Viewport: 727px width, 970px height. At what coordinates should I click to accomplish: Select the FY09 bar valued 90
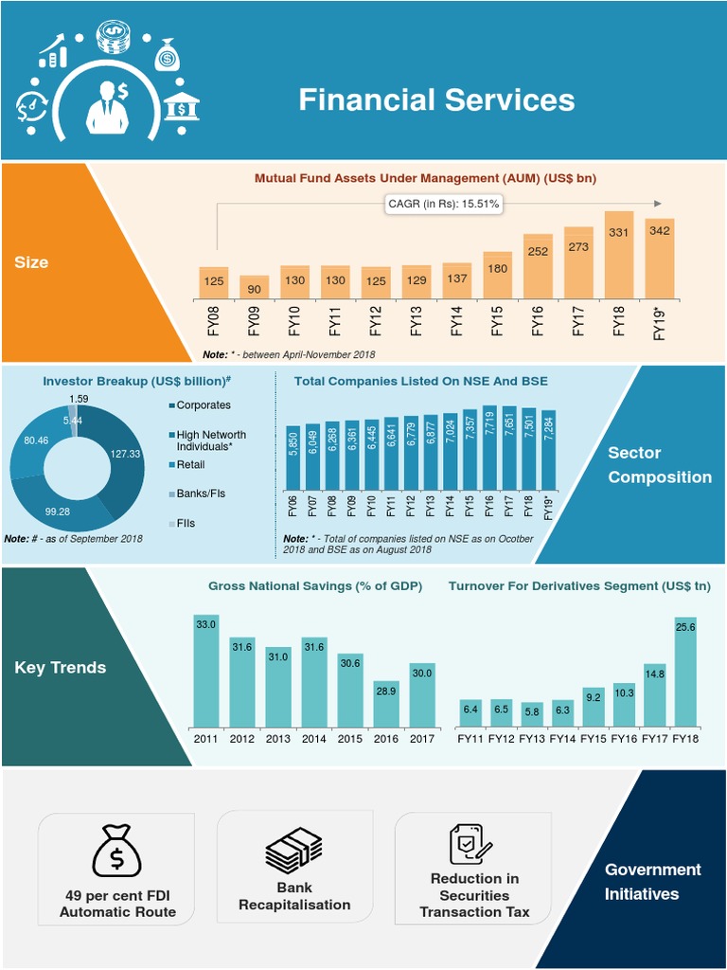pos(254,287)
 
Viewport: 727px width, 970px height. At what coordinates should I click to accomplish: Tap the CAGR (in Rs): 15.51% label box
pos(443,203)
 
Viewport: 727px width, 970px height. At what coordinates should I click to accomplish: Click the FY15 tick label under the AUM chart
pos(497,322)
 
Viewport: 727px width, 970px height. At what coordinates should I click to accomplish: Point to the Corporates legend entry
pos(203,405)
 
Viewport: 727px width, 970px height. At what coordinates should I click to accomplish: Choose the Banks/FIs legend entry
pos(200,494)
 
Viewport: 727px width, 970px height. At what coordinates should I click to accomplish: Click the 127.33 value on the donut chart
pos(125,454)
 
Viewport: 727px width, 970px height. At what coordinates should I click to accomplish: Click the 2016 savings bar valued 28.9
pos(386,704)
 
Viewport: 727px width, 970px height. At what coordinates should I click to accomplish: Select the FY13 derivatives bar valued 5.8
pos(533,713)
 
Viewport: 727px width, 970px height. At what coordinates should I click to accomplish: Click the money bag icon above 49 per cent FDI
pos(117,852)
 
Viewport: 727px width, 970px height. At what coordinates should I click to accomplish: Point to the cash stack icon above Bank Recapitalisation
pos(294,850)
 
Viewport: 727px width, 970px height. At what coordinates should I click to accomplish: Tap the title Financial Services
pos(436,100)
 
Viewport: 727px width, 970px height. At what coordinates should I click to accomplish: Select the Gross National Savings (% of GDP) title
pos(315,586)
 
